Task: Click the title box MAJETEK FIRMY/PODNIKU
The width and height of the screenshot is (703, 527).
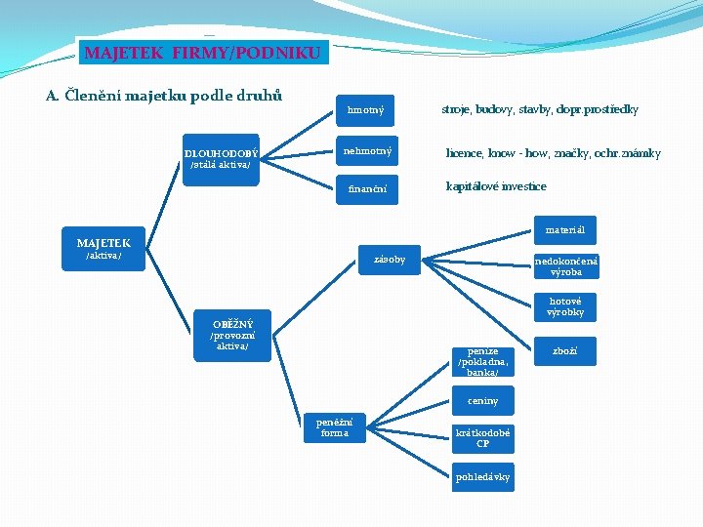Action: pos(202,52)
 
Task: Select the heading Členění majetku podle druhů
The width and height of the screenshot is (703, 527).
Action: pos(164,95)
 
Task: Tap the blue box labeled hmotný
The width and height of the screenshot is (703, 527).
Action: pos(365,111)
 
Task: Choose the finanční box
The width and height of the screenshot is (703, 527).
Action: pos(365,189)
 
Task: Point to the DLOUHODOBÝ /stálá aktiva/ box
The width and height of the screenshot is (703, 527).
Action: pos(222,159)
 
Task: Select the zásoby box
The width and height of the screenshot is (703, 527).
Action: pos(390,260)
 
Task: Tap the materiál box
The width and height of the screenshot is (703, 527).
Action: pos(565,230)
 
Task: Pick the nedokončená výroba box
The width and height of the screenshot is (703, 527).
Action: pos(565,266)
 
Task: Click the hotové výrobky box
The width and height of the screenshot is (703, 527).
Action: pos(565,307)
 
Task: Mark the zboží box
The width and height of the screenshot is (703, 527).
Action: pos(565,350)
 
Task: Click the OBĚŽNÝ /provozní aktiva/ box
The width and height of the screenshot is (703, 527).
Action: pos(232,335)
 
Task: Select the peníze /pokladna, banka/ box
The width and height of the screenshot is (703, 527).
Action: pos(483,361)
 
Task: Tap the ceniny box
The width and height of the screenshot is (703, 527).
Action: pos(483,401)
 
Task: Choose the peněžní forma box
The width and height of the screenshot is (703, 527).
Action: pos(334,426)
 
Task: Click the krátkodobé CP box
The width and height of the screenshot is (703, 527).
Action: pos(483,438)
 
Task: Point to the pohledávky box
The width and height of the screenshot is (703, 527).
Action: pos(483,477)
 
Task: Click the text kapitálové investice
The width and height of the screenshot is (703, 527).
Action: pos(496,186)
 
